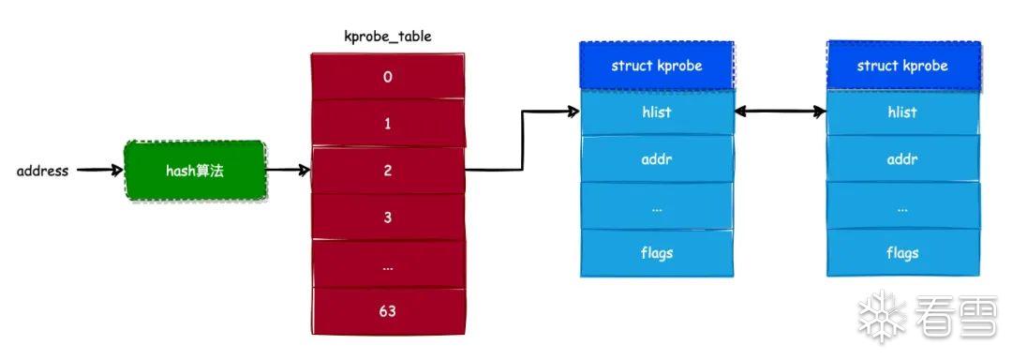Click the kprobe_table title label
pyautogui.click(x=387, y=37)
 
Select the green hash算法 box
pyautogui.click(x=194, y=171)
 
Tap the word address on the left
pyautogui.click(x=42, y=171)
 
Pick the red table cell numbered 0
pyautogui.click(x=387, y=77)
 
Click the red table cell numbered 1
pyautogui.click(x=387, y=123)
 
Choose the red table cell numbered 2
pyautogui.click(x=387, y=171)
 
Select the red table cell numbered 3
pyautogui.click(x=387, y=217)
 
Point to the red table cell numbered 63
pyautogui.click(x=387, y=311)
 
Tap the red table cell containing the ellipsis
pyautogui.click(x=387, y=264)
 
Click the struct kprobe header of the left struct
pyautogui.click(x=656, y=66)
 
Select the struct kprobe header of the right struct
pyautogui.click(x=903, y=66)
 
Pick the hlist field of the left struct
pyautogui.click(x=657, y=112)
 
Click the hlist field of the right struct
pyautogui.click(x=903, y=112)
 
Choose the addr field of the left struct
pyautogui.click(x=657, y=158)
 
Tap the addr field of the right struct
pyautogui.click(x=903, y=158)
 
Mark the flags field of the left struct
pyautogui.click(x=657, y=252)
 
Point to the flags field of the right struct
pyautogui.click(x=903, y=252)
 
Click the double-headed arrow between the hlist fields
pyautogui.click(x=781, y=112)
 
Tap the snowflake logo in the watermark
pyautogui.click(x=882, y=316)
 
